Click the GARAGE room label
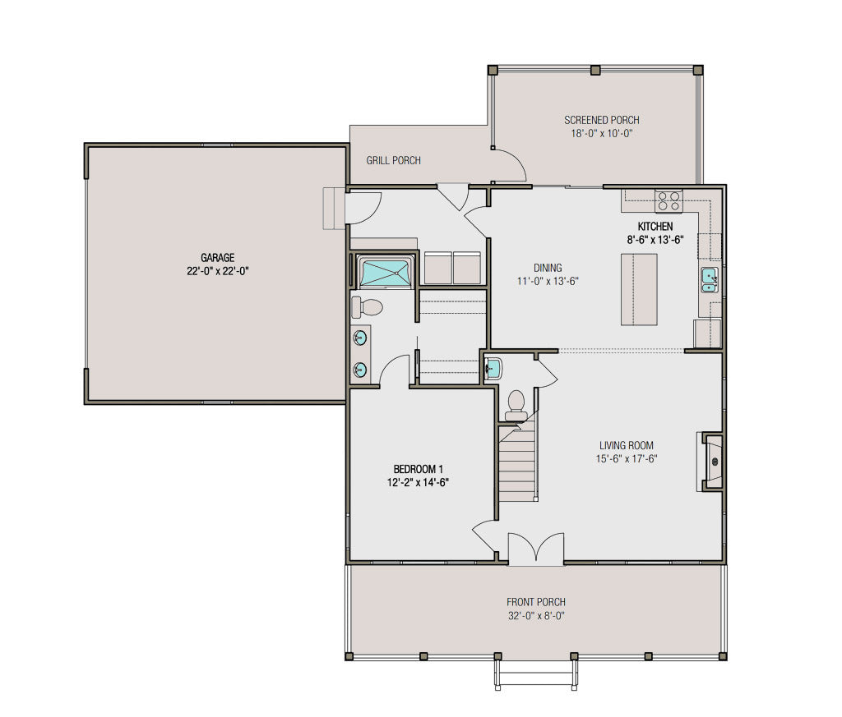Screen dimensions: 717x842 217,257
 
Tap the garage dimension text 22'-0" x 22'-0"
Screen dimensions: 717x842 217,270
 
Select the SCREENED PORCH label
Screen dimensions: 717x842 601,120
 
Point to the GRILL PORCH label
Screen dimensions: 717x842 393,160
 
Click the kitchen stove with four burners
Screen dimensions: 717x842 668,200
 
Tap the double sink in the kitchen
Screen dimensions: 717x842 709,280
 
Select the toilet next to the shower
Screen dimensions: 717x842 367,308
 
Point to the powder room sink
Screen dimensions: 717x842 493,368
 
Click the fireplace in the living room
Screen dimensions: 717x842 712,462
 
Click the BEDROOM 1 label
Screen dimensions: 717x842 419,469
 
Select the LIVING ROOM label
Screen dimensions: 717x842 627,446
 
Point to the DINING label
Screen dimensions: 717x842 548,268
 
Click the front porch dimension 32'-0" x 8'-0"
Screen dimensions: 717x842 536,615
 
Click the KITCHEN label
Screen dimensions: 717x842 655,227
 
